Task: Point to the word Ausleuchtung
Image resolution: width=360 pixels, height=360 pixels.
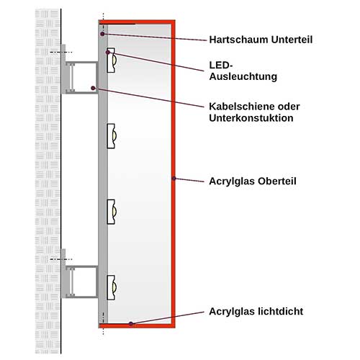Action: click(243, 77)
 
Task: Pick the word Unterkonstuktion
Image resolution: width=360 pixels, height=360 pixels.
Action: click(251, 118)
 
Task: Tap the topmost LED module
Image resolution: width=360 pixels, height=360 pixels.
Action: click(112, 60)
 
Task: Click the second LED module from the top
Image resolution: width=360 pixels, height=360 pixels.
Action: click(112, 136)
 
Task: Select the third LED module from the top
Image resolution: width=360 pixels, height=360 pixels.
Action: click(112, 212)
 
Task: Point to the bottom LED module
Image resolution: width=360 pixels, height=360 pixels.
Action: click(112, 288)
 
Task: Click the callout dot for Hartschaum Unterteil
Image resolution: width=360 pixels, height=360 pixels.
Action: click(102, 34)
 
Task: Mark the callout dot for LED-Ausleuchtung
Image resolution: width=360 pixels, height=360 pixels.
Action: click(108, 52)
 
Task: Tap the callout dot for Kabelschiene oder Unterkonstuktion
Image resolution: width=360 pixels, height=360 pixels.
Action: click(93, 88)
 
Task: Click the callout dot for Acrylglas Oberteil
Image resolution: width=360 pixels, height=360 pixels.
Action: click(174, 179)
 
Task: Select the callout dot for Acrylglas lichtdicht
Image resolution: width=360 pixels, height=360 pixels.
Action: click(131, 324)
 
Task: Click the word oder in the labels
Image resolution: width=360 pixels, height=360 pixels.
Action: click(288, 107)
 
